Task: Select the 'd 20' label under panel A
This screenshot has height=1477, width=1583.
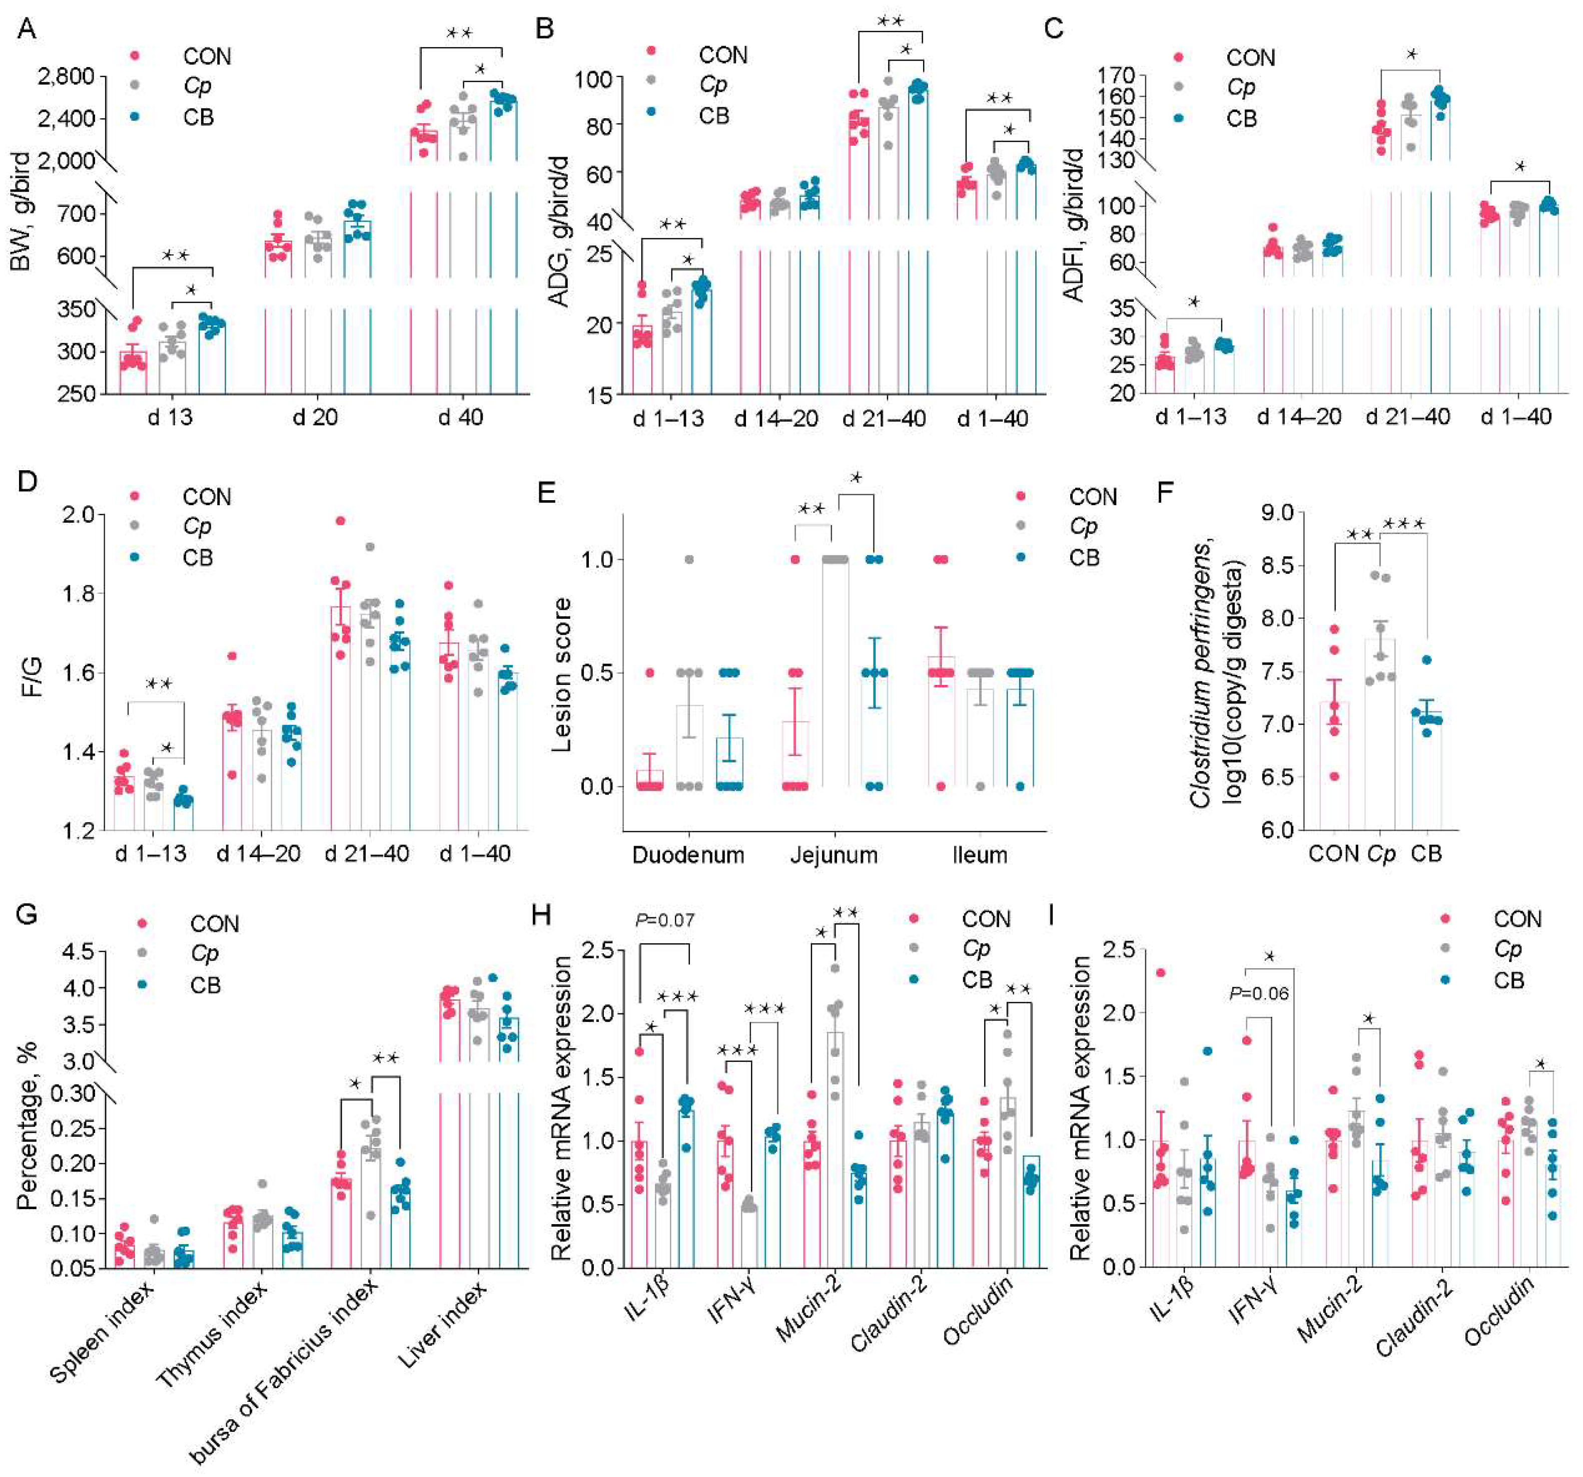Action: point(315,417)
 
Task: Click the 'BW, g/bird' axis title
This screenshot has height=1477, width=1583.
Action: point(22,211)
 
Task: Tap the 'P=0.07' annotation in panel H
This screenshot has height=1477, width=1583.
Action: point(665,920)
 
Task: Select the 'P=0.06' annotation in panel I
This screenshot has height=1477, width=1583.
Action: point(1259,993)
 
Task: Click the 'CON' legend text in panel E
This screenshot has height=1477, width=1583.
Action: point(1093,497)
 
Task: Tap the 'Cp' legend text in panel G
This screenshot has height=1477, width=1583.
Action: point(205,954)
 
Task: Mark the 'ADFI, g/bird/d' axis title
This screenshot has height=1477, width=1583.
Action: point(1076,225)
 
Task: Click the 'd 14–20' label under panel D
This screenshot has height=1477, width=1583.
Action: point(259,853)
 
